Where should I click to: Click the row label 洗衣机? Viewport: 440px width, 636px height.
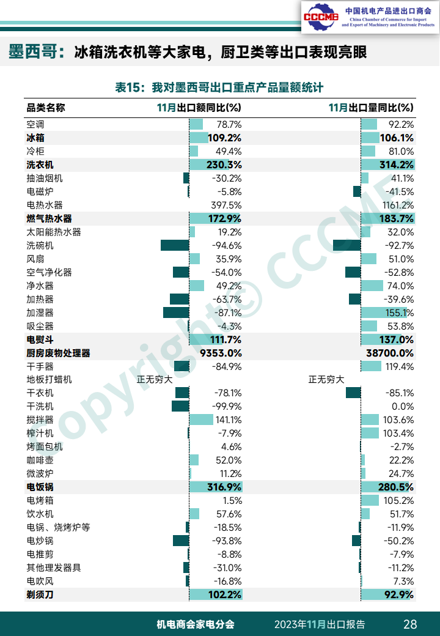(40, 165)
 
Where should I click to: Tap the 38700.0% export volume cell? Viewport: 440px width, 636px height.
(390, 353)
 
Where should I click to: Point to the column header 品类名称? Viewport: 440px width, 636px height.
(46, 108)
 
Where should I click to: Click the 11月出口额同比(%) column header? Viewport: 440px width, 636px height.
(199, 108)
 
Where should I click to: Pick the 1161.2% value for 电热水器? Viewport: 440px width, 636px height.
(395, 205)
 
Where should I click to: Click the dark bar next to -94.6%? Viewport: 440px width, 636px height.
(175, 245)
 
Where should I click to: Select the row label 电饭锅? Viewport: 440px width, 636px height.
(40, 487)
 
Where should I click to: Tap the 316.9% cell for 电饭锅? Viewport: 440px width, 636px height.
(224, 487)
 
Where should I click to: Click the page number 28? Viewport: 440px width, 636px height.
(410, 624)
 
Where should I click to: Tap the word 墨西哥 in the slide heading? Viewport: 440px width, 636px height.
(32, 52)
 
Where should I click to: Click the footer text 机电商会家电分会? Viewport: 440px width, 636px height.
(196, 624)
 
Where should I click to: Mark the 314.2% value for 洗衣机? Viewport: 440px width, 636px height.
(397, 165)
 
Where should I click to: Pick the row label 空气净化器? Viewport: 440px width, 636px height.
(49, 272)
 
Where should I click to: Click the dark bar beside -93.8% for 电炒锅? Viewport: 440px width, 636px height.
(181, 541)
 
